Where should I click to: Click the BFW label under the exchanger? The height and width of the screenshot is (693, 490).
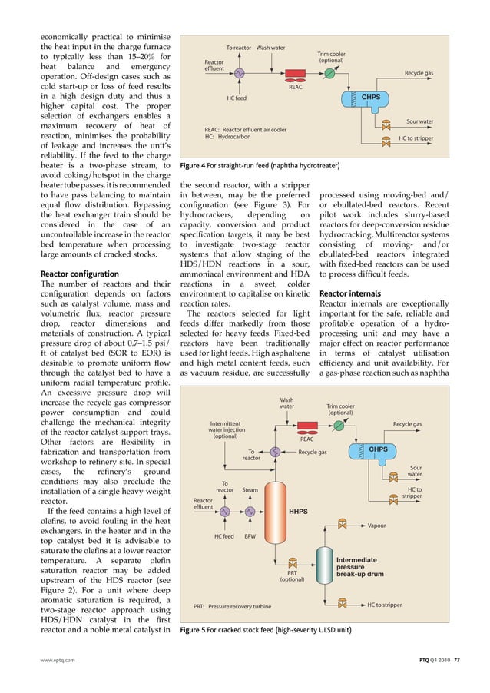(x=250, y=537)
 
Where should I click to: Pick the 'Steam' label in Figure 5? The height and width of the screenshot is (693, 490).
(x=250, y=489)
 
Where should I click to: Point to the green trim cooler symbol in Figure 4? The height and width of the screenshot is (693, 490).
(x=329, y=73)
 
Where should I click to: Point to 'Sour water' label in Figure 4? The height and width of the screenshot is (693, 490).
(x=419, y=121)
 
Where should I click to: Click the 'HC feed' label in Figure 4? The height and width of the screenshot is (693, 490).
(x=237, y=98)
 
